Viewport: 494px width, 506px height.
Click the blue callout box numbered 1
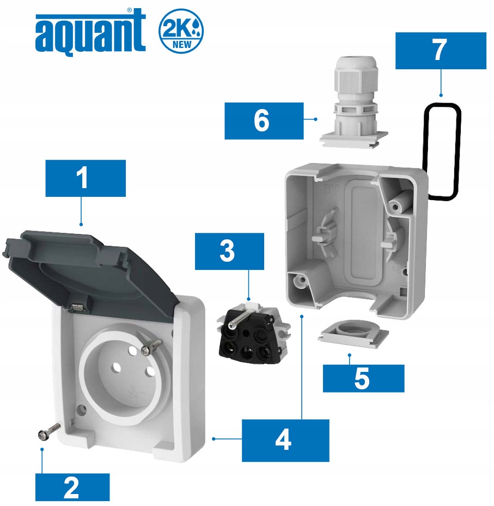coord(86,178)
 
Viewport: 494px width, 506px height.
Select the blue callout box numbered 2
coord(72,487)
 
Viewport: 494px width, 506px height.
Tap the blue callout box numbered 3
coord(229,251)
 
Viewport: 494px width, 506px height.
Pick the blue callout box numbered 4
coord(285,440)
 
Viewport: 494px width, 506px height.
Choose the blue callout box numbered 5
coord(363,378)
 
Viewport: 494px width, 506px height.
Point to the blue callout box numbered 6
coord(264,121)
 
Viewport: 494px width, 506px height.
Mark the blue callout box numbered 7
coord(440,51)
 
